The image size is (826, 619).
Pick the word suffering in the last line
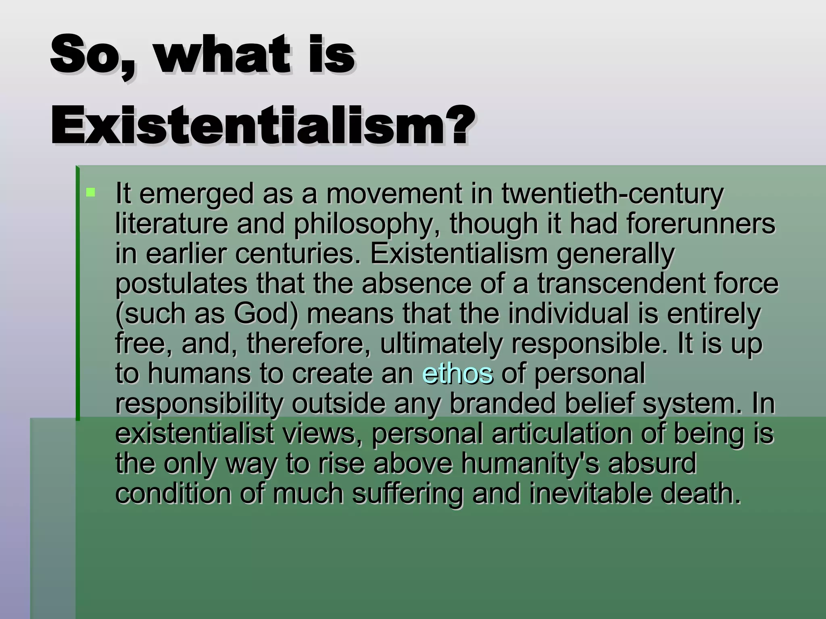(407, 494)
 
